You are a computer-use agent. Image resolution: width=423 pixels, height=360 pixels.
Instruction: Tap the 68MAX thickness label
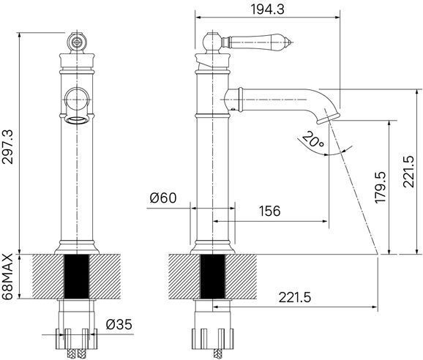9,276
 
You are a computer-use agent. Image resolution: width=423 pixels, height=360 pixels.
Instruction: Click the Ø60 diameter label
162,197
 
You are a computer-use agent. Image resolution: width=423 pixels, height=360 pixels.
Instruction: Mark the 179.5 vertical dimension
380,191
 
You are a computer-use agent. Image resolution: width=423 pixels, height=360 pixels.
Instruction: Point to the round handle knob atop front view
76,42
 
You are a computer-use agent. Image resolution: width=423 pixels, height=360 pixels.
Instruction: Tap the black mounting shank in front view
77,276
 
